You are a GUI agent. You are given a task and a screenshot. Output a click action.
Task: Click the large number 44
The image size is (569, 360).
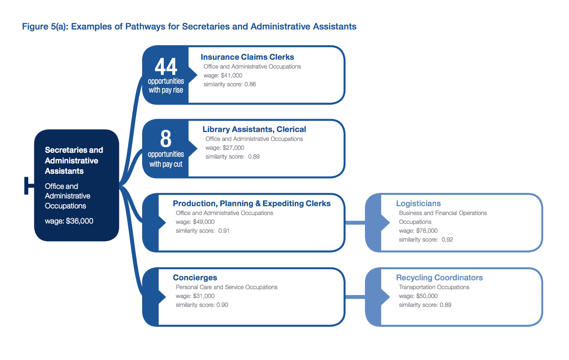pyautogui.click(x=166, y=66)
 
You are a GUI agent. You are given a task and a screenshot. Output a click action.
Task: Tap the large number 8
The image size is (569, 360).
pyautogui.click(x=166, y=139)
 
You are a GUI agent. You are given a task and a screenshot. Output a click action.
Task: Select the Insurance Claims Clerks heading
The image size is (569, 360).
pyautogui.click(x=247, y=57)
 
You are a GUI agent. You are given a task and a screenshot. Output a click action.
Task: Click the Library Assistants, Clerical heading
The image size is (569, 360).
pyautogui.click(x=254, y=129)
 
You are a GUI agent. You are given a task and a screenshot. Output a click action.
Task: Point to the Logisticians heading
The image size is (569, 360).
pyautogui.click(x=418, y=203)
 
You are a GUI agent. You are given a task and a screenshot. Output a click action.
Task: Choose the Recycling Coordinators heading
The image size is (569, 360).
pyautogui.click(x=439, y=277)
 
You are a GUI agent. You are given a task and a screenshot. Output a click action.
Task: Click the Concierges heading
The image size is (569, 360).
pyautogui.click(x=195, y=277)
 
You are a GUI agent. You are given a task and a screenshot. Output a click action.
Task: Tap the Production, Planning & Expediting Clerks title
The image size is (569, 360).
pyautogui.click(x=252, y=203)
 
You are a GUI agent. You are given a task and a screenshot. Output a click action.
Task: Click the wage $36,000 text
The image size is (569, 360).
pyautogui.click(x=69, y=221)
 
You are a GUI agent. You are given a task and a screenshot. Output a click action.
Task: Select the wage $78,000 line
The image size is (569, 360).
pyautogui.click(x=418, y=231)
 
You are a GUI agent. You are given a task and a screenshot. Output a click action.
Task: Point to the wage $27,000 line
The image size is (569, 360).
pyautogui.click(x=225, y=148)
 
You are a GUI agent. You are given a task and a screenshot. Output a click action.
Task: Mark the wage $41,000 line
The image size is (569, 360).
pyautogui.click(x=223, y=75)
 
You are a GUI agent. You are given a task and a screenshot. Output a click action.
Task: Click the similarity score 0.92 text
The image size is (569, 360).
pyautogui.click(x=426, y=239)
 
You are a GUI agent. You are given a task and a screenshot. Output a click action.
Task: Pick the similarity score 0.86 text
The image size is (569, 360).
pyautogui.click(x=230, y=84)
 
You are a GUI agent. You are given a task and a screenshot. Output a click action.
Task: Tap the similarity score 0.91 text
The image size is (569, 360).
pyautogui.click(x=203, y=231)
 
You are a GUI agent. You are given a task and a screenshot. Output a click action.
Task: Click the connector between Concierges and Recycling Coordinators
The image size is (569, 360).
pyautogui.click(x=355, y=297)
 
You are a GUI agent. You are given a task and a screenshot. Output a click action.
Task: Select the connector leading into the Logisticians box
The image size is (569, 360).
pyautogui.click(x=355, y=223)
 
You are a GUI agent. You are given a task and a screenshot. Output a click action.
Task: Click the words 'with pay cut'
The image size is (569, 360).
pyautogui.click(x=166, y=164)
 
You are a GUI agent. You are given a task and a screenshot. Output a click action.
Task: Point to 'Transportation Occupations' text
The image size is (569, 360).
pyautogui.click(x=434, y=287)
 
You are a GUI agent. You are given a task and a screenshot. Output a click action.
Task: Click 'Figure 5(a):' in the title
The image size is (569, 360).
pyautogui.click(x=45, y=27)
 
